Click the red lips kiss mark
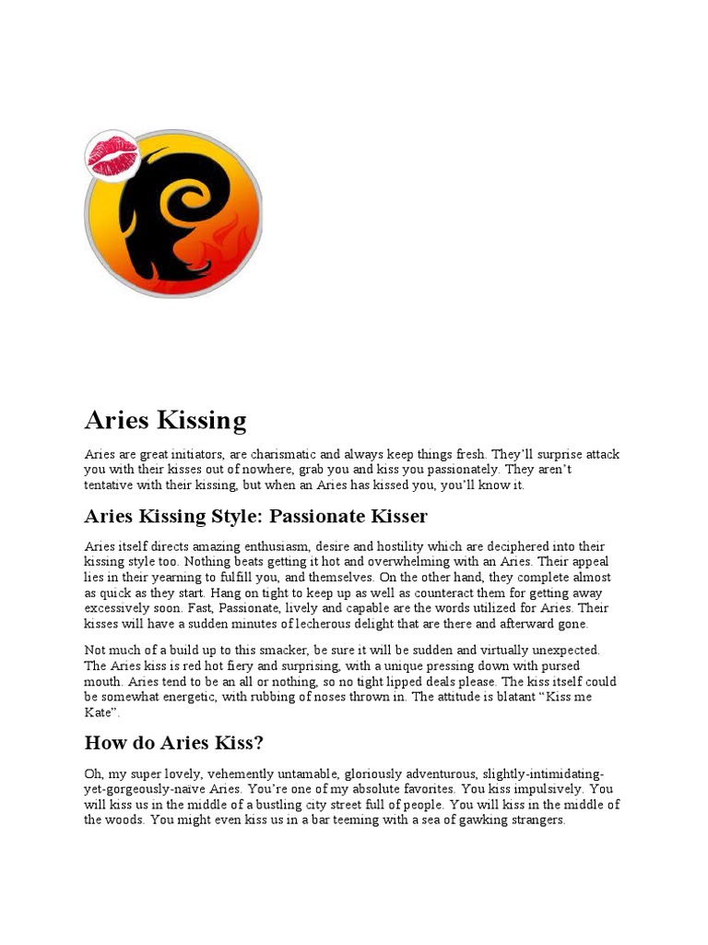tap(112, 154)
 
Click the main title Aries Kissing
tap(165, 421)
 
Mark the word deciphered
tap(506, 547)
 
